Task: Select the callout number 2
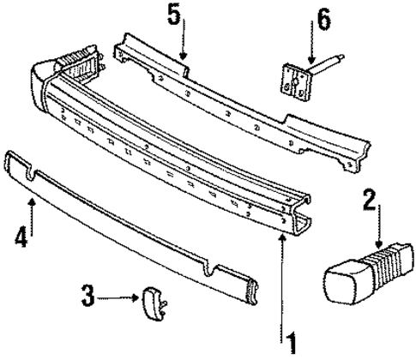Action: pyautogui.click(x=370, y=201)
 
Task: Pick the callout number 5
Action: pyautogui.click(x=174, y=15)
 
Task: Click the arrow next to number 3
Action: pyautogui.click(x=120, y=298)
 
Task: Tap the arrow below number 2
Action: pyautogui.click(x=377, y=231)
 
